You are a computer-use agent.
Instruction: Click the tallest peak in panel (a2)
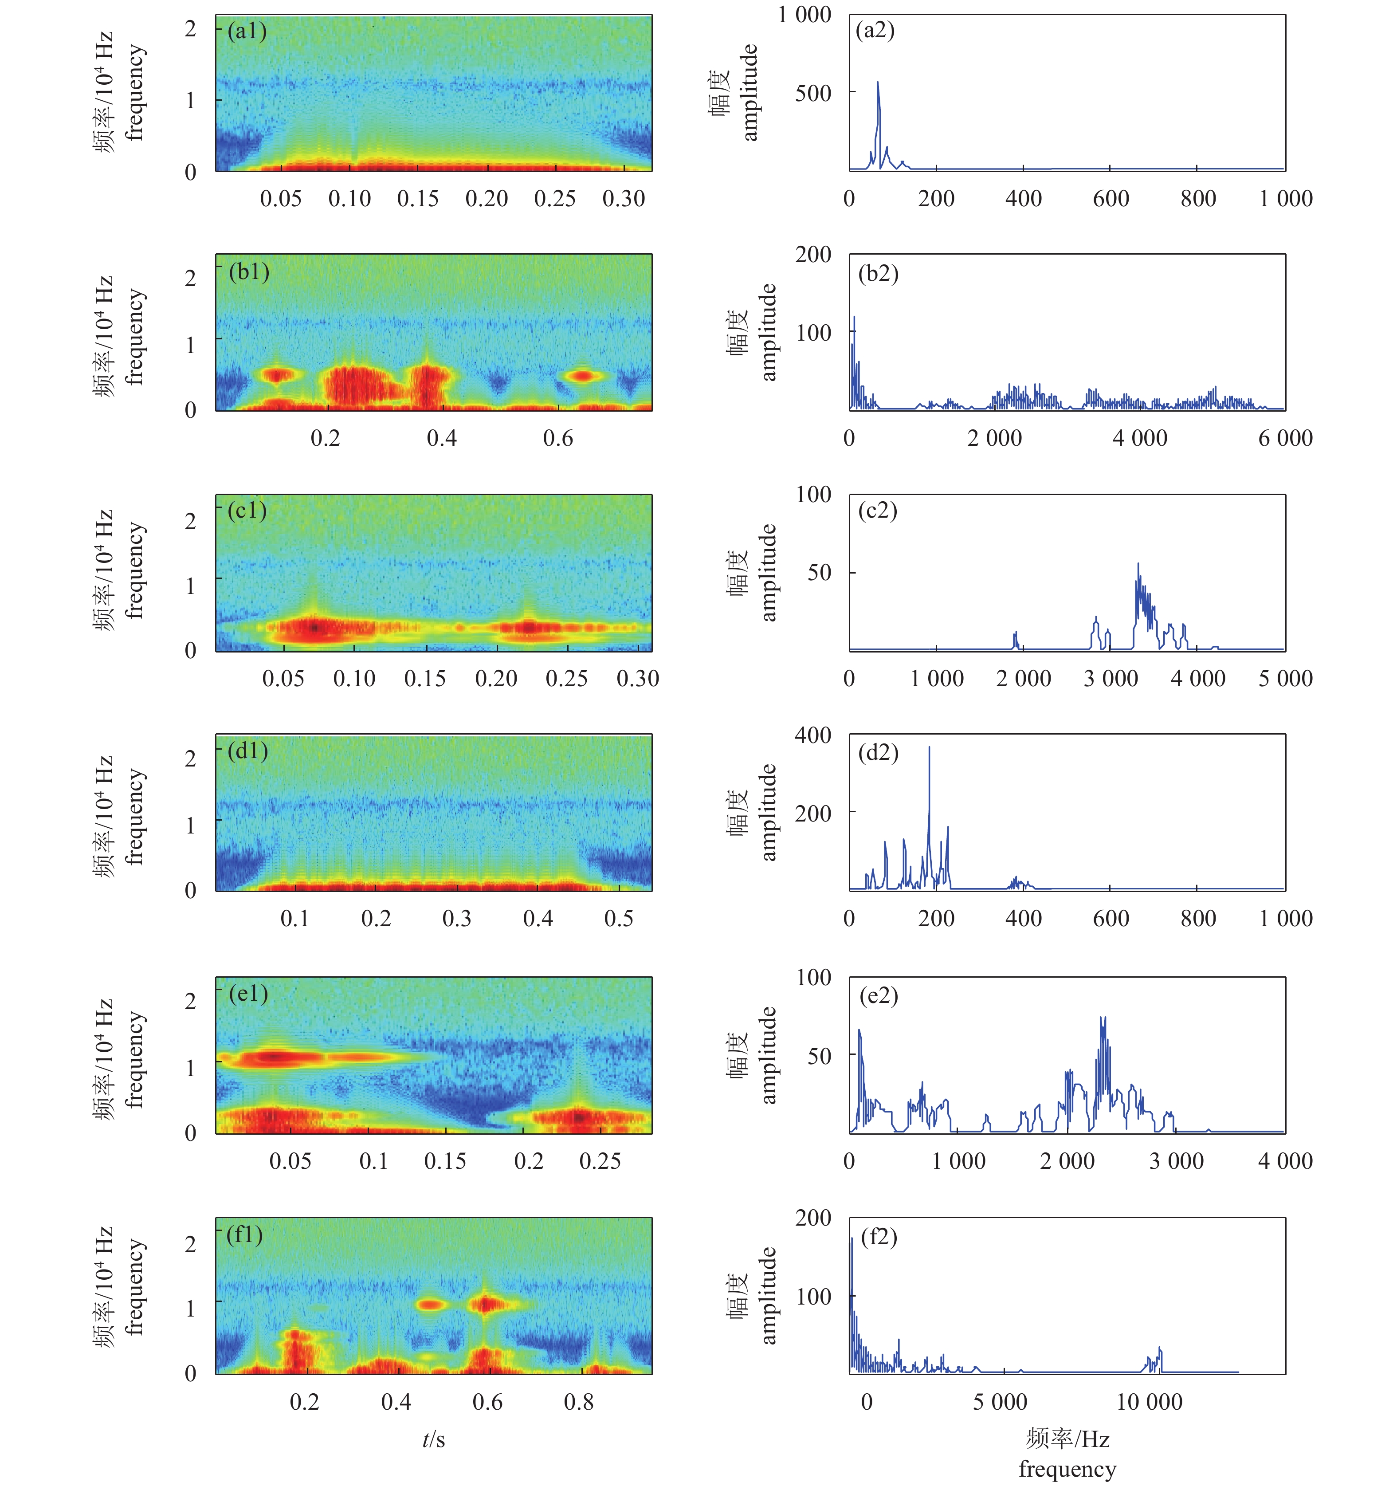pyautogui.click(x=878, y=84)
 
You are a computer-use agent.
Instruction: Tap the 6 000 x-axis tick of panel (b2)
pyautogui.click(x=1285, y=438)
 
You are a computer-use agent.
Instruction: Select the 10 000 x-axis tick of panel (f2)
pyautogui.click(x=1149, y=1402)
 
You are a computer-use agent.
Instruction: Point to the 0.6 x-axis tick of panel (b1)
pyautogui.click(x=557, y=438)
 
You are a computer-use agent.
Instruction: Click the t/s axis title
pyautogui.click(x=434, y=1440)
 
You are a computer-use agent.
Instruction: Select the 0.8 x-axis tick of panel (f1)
pyautogui.click(x=578, y=1402)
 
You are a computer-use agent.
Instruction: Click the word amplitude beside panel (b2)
pyautogui.click(x=769, y=333)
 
